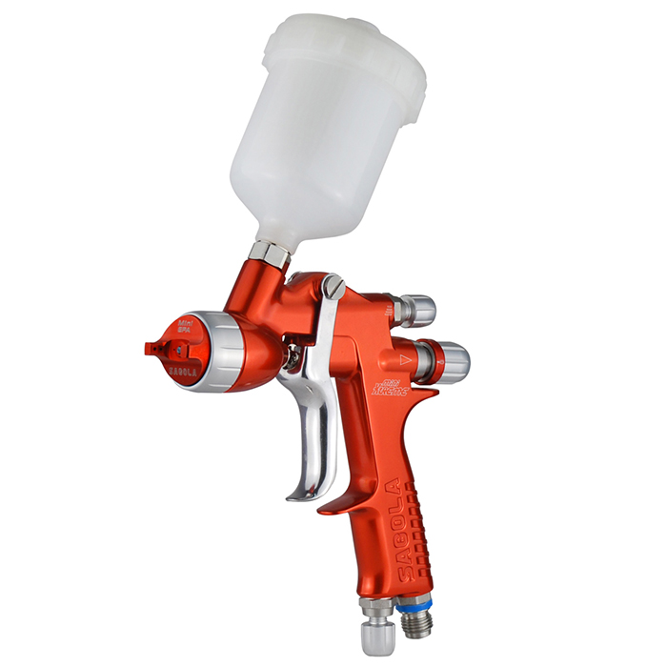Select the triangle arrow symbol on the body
click(x=405, y=359)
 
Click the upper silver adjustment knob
click(x=418, y=311)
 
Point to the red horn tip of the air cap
click(x=152, y=346)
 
